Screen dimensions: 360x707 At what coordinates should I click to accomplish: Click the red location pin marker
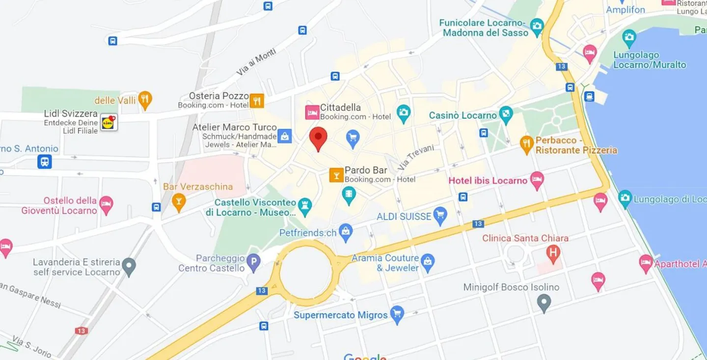(318, 138)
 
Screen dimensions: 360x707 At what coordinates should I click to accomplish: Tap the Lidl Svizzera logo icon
(109, 122)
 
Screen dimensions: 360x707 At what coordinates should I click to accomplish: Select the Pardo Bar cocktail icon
(336, 175)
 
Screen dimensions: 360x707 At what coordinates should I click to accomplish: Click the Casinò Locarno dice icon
(505, 115)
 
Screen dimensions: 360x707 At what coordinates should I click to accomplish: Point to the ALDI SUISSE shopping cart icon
(440, 215)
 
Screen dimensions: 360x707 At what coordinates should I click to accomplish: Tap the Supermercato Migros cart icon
(397, 313)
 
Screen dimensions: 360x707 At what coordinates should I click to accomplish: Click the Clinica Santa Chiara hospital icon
(553, 253)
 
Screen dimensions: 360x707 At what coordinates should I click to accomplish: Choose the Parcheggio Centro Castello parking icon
(253, 262)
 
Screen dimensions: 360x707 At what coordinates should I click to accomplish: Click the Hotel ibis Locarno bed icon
(537, 180)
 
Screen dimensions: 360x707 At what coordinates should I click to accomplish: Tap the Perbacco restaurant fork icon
(527, 143)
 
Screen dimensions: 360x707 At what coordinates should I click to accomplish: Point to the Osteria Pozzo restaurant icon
(257, 101)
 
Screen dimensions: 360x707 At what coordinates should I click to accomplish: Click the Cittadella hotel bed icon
(312, 112)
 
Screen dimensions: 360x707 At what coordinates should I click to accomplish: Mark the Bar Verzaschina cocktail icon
(179, 201)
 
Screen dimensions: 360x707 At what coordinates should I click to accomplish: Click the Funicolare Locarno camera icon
(537, 26)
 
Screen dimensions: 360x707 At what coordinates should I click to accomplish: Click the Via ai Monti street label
(256, 62)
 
